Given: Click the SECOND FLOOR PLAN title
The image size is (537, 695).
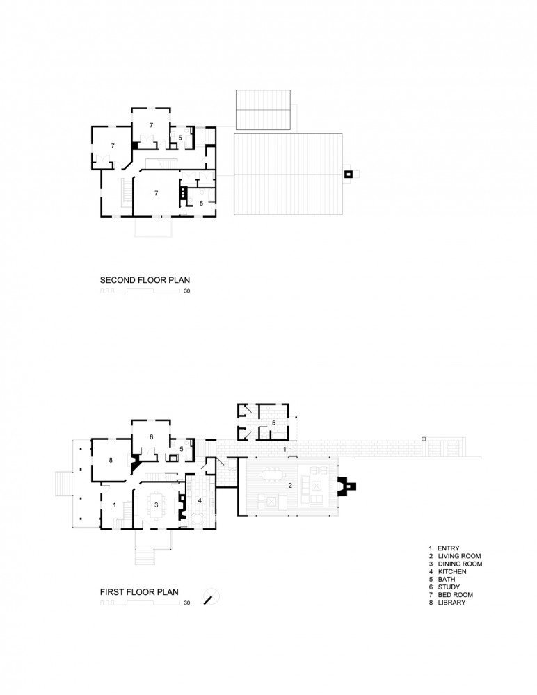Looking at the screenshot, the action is coord(145,280).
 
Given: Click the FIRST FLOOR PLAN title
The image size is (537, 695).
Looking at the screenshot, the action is coord(139,592).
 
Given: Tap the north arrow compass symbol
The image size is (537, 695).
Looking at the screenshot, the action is coord(211,596).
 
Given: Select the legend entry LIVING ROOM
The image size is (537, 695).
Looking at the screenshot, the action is coord(459,556).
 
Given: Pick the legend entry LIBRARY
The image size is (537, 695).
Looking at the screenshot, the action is coord(452,603).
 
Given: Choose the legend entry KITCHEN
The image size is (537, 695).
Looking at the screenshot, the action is coord(452,572).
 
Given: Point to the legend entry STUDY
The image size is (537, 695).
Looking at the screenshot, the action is coord(449,587).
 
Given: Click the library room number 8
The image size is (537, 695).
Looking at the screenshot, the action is coord(111,461).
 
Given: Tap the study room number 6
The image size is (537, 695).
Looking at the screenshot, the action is coord(152,437).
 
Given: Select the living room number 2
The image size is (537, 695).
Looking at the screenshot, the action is coord(290,485).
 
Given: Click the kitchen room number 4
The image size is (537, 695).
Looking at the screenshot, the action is coord(200,500).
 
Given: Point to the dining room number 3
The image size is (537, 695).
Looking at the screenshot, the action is coord(157,505).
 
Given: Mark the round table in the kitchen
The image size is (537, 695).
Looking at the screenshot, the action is coord(198,518).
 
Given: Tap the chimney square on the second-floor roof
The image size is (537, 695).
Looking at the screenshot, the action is coord(348,174).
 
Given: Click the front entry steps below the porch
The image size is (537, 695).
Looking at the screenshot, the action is coord(145,557).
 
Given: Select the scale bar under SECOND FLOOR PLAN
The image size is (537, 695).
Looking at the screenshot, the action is coord(140,291).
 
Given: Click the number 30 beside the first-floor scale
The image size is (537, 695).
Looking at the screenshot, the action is coord(187,603).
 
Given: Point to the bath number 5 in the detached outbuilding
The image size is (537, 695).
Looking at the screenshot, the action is coord(274,423).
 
